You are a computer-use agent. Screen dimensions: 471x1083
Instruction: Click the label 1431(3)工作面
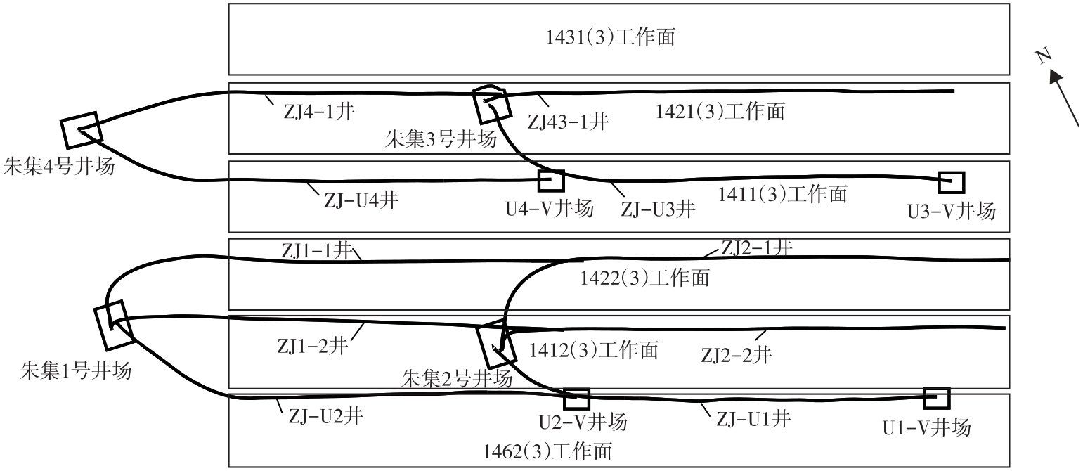point(611,37)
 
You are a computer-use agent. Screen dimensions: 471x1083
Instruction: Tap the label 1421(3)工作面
point(720,111)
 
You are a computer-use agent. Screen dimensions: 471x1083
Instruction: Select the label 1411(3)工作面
point(782,194)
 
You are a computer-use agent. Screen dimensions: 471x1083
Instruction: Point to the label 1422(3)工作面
point(644,278)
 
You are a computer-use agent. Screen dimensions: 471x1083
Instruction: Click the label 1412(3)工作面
point(594,349)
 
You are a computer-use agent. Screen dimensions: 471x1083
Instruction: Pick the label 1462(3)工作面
point(547,451)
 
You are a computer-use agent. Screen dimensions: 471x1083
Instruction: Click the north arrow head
point(1056,77)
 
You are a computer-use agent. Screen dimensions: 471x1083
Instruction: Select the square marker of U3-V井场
point(952,182)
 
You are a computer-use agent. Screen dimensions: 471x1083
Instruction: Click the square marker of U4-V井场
point(550,181)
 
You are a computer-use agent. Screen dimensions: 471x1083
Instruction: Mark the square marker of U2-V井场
point(576,399)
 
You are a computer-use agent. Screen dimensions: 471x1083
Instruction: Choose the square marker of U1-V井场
point(936,398)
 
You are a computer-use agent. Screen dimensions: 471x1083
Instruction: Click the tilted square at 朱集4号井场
point(81,130)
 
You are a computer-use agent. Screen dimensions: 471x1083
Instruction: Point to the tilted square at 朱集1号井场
point(112,325)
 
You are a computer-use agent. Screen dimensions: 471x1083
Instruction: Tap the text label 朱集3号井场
point(441,139)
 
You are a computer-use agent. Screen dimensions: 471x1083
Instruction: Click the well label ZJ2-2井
point(736,356)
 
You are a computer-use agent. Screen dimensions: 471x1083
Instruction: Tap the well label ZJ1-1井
point(316,250)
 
